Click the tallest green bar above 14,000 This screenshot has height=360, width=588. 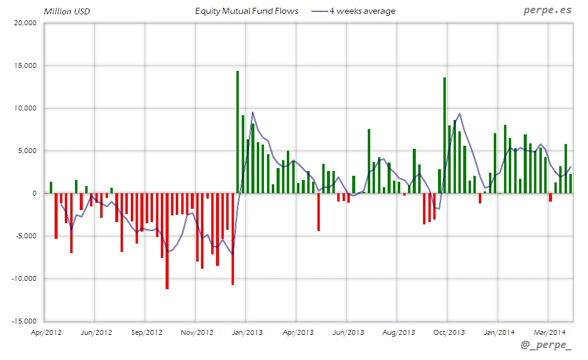click(x=238, y=132)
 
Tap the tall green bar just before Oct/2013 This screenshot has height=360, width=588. click(x=445, y=135)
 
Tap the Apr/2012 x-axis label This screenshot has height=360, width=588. click(x=46, y=332)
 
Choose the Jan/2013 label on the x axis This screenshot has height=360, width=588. click(x=247, y=332)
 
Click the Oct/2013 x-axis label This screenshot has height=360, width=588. click(x=449, y=332)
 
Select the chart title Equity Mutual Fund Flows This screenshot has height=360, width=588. click(x=247, y=11)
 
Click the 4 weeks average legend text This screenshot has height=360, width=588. click(x=362, y=11)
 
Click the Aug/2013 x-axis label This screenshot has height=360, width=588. click(x=398, y=332)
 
